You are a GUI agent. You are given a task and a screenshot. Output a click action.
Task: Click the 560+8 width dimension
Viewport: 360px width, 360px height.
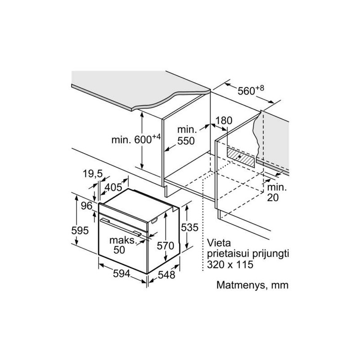click(251, 90)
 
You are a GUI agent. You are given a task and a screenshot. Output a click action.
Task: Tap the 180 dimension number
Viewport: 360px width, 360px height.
click(224, 121)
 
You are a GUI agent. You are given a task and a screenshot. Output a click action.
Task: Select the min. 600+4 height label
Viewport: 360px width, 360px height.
click(136, 139)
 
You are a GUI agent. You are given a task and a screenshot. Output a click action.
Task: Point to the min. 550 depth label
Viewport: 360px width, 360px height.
click(187, 135)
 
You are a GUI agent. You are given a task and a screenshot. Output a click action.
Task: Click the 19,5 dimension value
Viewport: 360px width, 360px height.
click(93, 174)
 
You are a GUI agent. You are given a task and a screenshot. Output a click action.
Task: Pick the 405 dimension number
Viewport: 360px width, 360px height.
click(113, 187)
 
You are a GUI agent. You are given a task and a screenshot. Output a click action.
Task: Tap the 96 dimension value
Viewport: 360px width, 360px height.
click(86, 206)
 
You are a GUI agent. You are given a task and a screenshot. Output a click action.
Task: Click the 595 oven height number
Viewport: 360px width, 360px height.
click(80, 230)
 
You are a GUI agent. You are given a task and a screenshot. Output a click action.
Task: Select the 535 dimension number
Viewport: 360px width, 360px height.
click(189, 227)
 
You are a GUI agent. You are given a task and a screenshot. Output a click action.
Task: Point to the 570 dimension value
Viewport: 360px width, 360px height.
click(165, 246)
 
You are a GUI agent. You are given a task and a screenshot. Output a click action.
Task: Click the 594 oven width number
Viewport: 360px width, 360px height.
click(121, 274)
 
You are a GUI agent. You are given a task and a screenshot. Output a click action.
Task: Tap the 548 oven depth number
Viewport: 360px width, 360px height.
click(166, 274)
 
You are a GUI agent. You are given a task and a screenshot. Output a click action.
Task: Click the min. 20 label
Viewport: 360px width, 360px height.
click(277, 193)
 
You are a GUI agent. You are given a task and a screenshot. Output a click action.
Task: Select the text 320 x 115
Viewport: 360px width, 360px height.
click(230, 265)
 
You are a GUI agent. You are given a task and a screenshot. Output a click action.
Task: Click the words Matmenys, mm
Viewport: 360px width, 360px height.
click(252, 285)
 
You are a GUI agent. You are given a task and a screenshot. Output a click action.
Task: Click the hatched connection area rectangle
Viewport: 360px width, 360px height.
click(241, 157)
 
